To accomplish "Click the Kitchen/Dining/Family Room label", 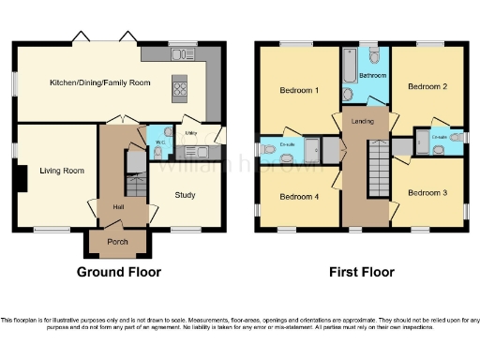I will pos(100,83).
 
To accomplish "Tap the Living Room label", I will pos(62,171).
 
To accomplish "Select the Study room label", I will pos(184,196).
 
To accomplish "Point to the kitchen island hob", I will pos(179,90).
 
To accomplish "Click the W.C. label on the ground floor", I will pos(160,142).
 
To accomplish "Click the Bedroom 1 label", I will pos(299,91).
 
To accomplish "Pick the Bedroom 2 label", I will pos(427,86).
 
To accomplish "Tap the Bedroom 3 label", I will pos(427,192).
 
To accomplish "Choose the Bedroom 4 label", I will pos(299,196).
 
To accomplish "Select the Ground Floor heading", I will pos(118,273).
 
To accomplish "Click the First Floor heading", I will pos(361,273).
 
